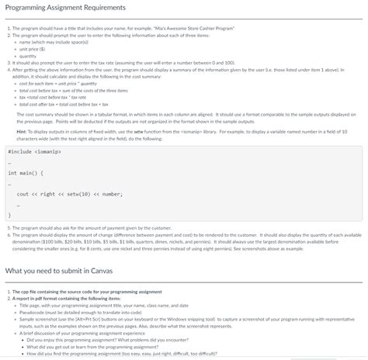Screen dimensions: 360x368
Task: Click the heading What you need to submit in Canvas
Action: (59, 272)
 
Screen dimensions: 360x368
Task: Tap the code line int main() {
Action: (26, 173)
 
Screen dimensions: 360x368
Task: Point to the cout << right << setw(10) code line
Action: (70, 194)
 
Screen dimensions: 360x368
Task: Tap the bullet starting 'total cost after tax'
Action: (66, 103)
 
